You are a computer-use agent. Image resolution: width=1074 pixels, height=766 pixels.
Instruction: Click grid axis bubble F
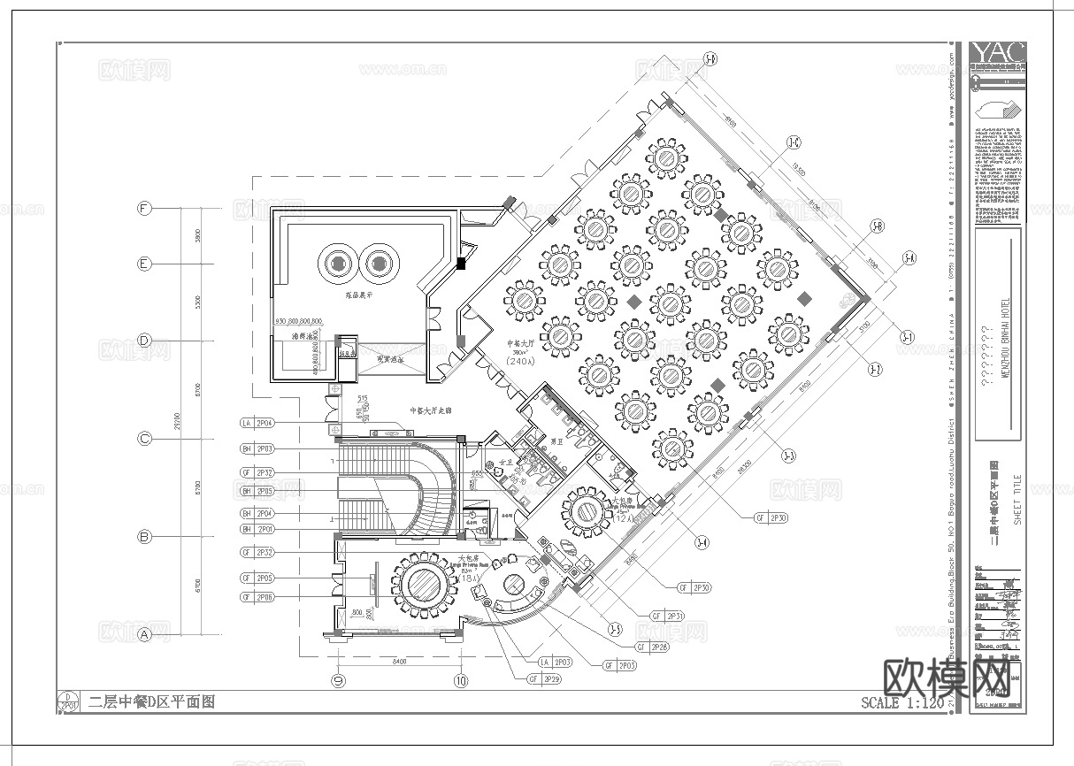point(144,209)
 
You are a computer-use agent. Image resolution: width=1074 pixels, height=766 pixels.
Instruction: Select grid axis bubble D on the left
point(144,341)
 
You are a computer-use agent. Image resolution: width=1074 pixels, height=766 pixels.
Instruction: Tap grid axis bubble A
point(144,634)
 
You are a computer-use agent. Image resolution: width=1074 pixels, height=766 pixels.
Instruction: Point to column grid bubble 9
point(337,680)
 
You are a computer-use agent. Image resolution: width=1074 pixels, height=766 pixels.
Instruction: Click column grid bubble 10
point(460,680)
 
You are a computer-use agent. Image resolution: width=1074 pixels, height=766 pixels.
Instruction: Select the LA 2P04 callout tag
point(257,424)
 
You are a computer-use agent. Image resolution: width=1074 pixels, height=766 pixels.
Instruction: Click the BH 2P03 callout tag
point(257,449)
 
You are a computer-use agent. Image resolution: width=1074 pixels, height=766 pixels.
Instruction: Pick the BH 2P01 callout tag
point(257,529)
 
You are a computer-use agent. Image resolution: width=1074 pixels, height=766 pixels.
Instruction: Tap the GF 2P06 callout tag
point(257,598)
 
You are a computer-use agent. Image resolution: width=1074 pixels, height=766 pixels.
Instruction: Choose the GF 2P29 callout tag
point(544,679)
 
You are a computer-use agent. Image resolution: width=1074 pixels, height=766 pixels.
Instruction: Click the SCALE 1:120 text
point(901,703)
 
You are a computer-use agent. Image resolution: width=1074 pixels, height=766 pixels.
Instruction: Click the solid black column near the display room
point(461,263)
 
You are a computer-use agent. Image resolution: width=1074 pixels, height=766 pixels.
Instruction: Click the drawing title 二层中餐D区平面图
point(151,702)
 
